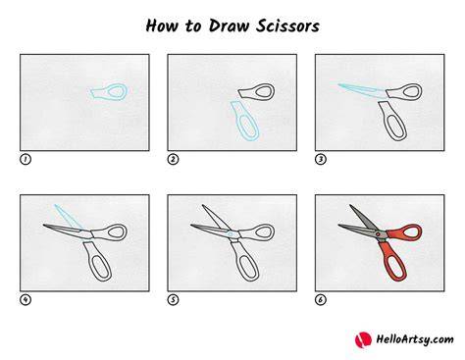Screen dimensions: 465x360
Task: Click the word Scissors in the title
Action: (x=287, y=26)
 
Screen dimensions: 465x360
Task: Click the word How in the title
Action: (x=162, y=26)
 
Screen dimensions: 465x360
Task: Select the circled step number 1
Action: (x=26, y=159)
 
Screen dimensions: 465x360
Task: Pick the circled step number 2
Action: (x=173, y=159)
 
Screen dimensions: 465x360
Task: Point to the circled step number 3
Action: (x=321, y=159)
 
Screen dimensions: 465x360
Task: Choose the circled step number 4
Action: (x=26, y=299)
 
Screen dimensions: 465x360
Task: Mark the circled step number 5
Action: (x=173, y=299)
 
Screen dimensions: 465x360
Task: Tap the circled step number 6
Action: (x=321, y=299)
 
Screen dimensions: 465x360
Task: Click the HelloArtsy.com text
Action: (x=415, y=339)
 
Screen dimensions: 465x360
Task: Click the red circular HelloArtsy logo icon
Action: (x=363, y=339)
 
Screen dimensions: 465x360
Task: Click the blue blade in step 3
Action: (x=363, y=90)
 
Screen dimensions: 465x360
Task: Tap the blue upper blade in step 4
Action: (x=69, y=217)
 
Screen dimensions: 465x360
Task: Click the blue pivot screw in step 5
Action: (x=231, y=234)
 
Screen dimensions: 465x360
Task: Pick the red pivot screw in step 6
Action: (x=378, y=234)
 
